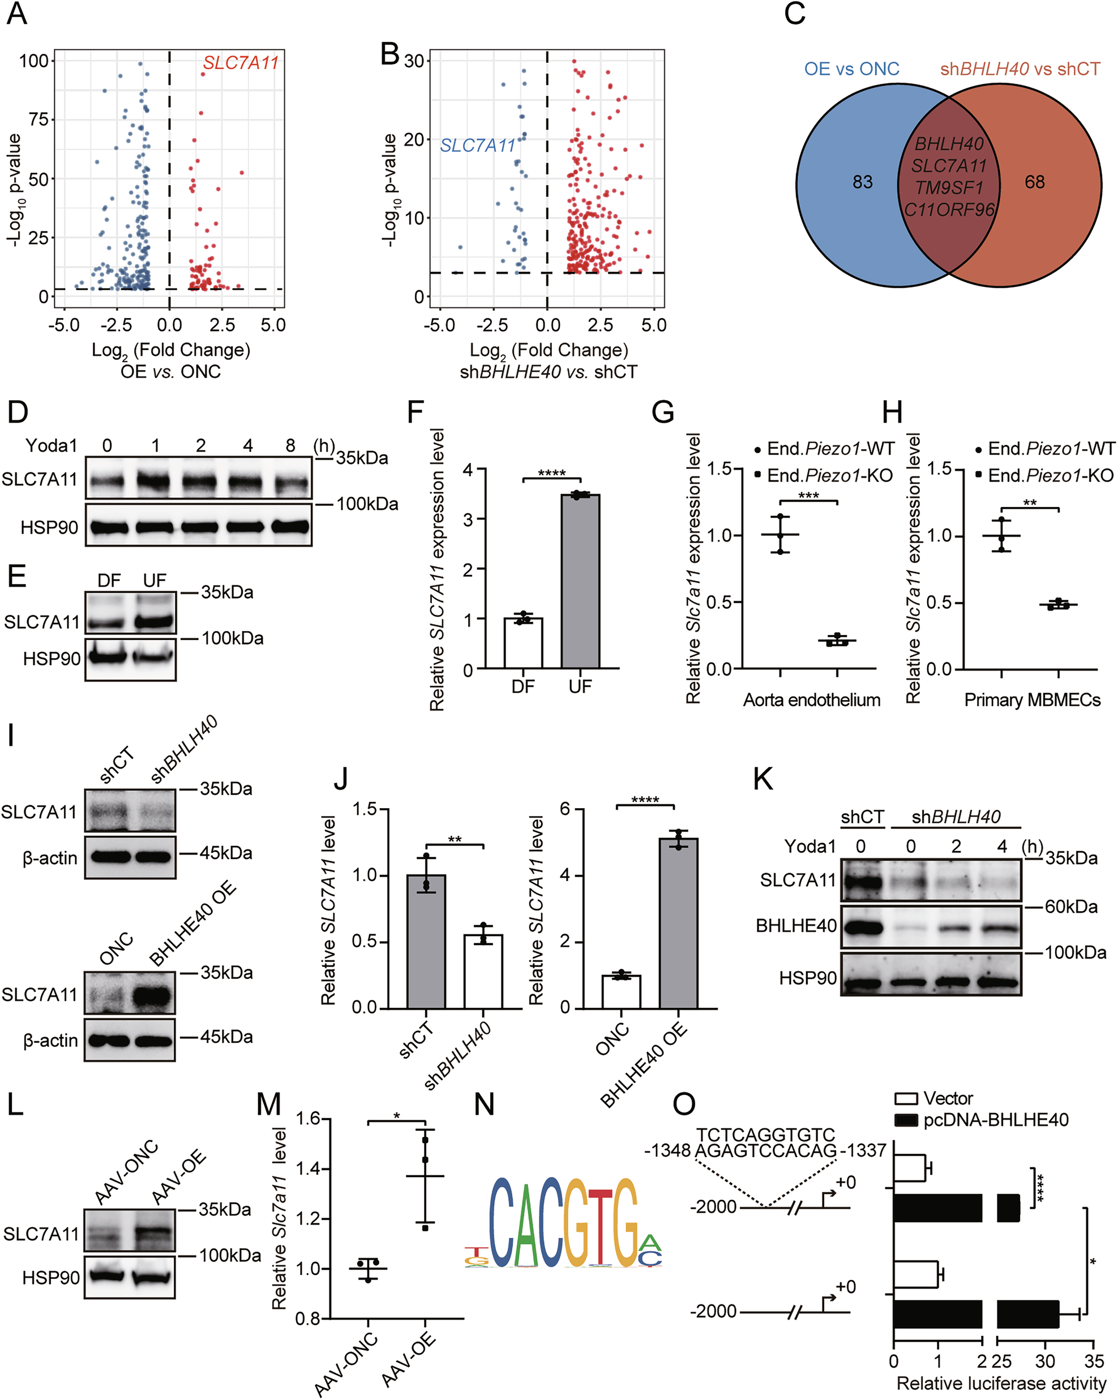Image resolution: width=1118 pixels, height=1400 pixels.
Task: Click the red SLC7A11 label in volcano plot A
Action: pos(241,63)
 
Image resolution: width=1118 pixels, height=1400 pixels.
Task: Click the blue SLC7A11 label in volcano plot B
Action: pos(477,145)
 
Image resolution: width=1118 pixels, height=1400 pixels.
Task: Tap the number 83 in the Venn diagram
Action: pos(862,182)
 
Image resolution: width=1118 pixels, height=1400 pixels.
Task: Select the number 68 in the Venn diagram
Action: pos(1035,182)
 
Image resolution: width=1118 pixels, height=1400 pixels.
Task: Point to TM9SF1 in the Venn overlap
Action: pos(948,188)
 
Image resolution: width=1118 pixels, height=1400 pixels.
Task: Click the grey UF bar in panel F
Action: pos(580,581)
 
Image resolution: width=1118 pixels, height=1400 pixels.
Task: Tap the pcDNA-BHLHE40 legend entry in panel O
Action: pos(995,1119)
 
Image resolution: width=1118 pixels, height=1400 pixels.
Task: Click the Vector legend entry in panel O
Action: pos(948,1098)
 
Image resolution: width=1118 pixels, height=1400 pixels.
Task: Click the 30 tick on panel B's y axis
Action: pos(414,61)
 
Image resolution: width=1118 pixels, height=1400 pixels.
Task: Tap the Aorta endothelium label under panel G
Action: pos(811,700)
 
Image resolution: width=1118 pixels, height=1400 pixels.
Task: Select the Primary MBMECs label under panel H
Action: pos(1033,700)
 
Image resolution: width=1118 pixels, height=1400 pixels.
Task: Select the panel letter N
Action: pos(485,1104)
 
